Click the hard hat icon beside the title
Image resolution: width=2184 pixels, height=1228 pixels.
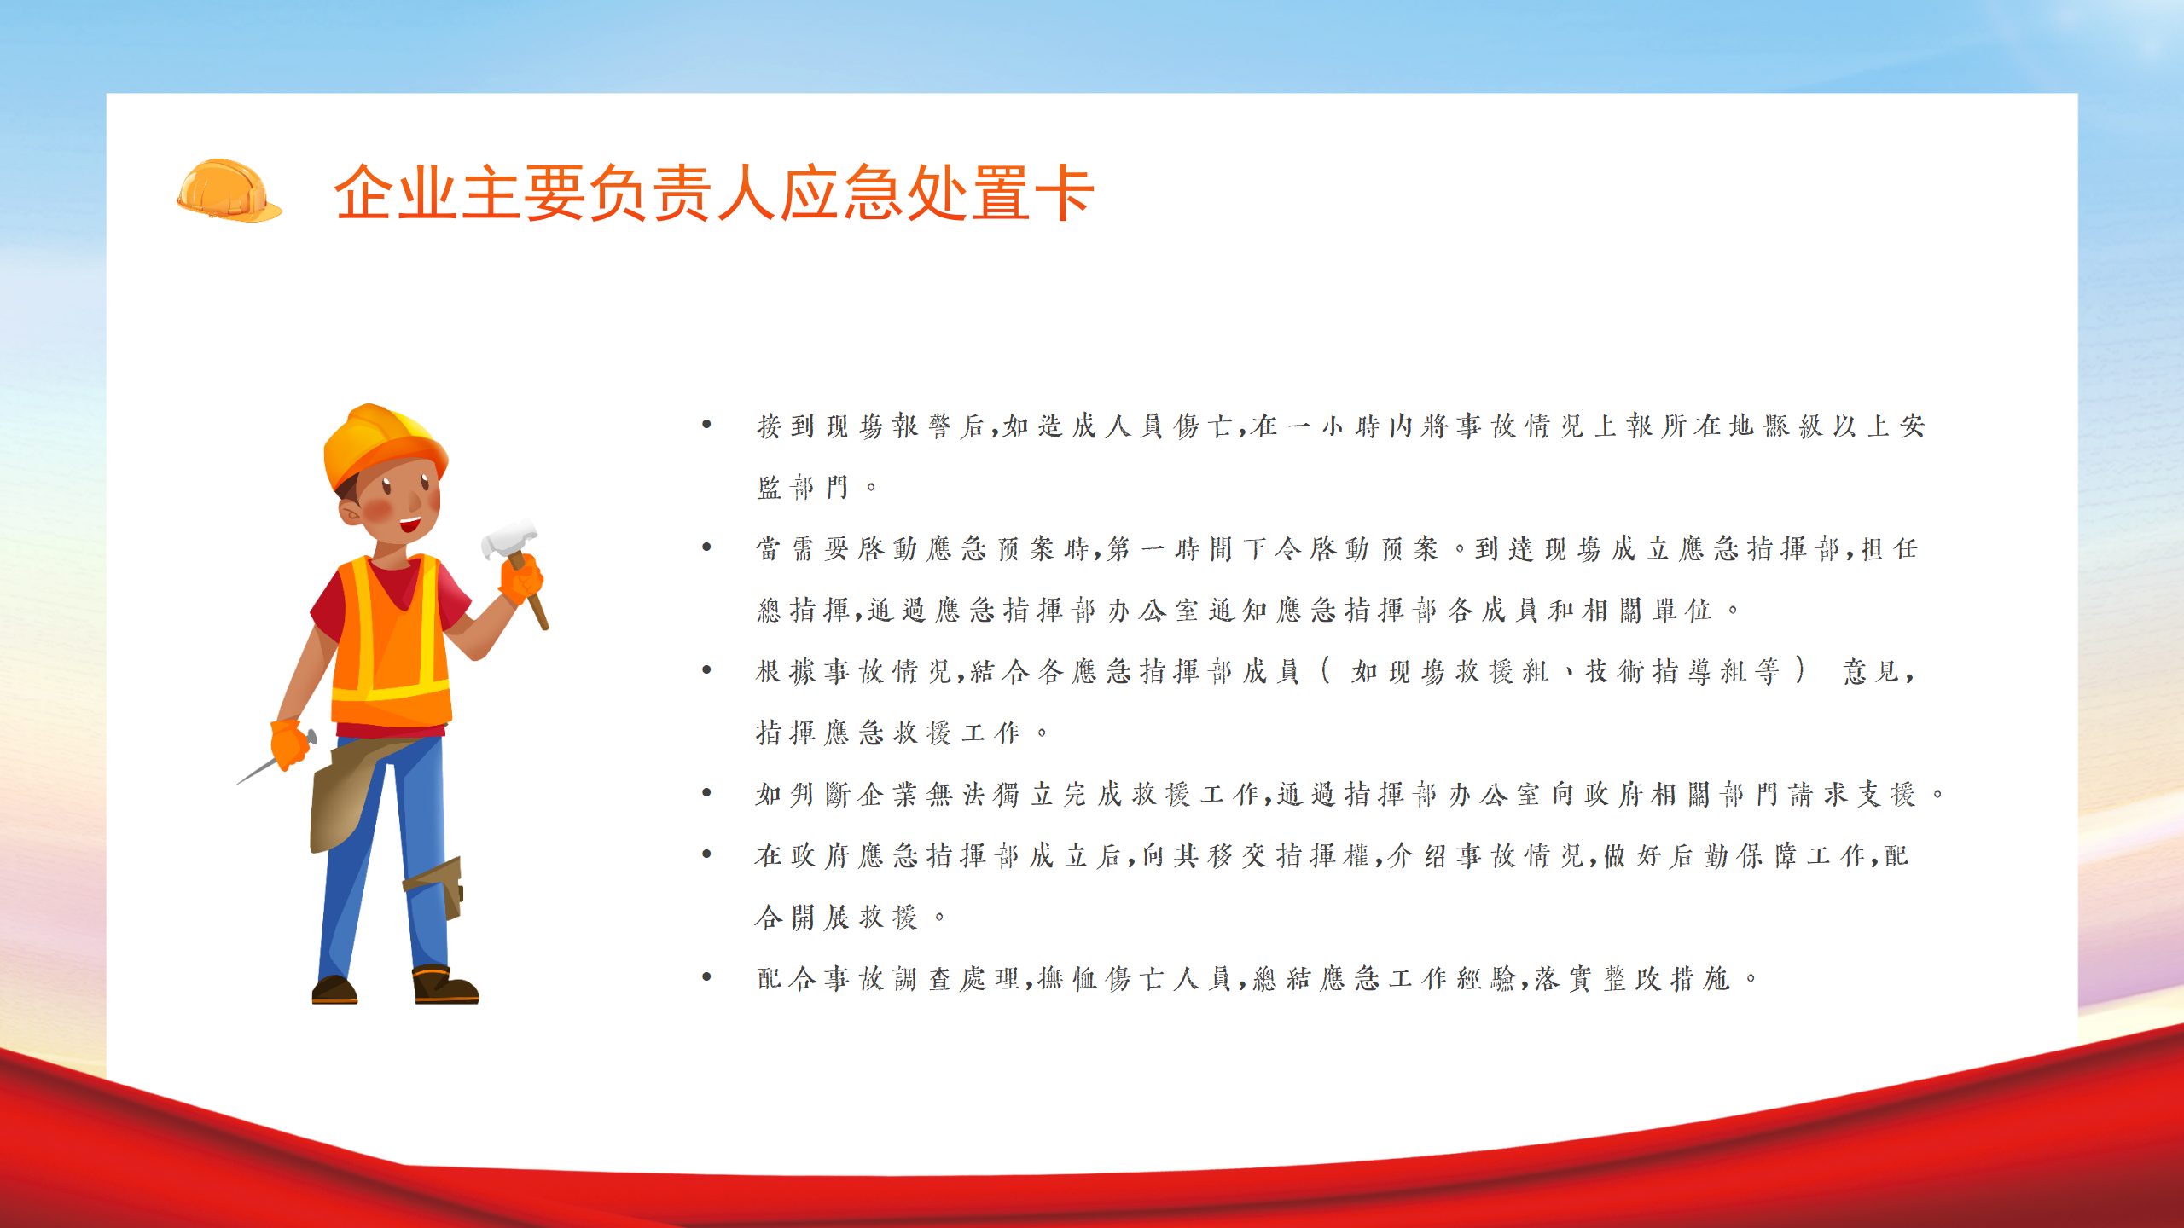(229, 191)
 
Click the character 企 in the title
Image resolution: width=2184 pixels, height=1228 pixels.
(364, 194)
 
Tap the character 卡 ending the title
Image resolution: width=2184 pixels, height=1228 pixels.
(1064, 194)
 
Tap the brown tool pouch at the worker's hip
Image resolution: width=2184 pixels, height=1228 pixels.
(346, 793)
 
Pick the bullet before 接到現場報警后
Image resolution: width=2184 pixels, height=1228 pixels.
(706, 424)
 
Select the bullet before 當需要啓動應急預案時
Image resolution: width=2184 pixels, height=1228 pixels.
(706, 547)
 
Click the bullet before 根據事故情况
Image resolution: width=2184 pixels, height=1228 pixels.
(706, 669)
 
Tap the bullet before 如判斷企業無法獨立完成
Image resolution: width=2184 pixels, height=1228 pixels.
(706, 792)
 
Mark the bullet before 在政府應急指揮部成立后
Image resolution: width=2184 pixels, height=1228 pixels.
(706, 854)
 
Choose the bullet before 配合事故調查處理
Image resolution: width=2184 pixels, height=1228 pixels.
(706, 976)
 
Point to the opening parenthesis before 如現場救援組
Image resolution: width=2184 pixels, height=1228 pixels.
(1326, 670)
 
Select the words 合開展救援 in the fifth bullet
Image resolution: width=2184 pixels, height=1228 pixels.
(836, 917)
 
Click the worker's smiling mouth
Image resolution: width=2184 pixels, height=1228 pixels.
(410, 523)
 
